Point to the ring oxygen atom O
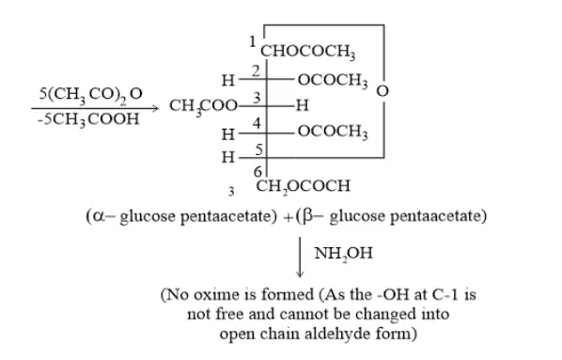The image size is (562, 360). click(x=382, y=91)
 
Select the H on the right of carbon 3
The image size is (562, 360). click(x=301, y=106)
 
